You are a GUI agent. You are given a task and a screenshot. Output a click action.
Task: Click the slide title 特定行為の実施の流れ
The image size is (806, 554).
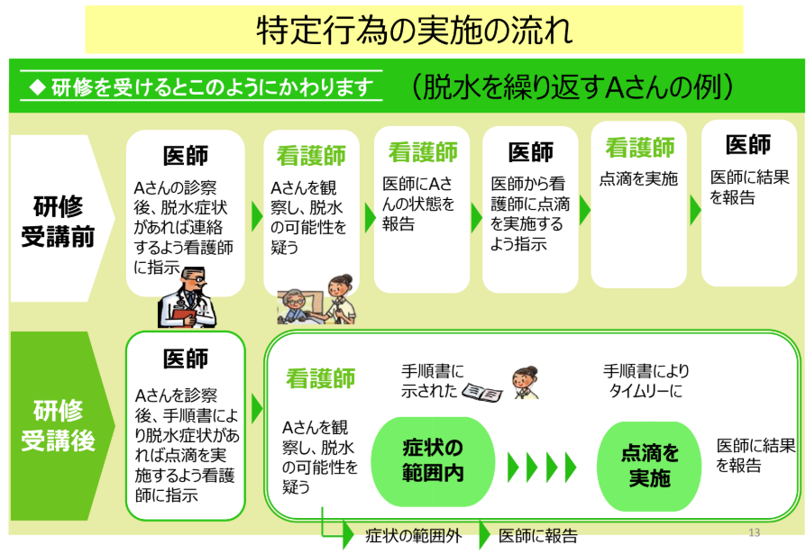coord(414,30)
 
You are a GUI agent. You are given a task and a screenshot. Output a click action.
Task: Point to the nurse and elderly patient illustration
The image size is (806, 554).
coord(316,298)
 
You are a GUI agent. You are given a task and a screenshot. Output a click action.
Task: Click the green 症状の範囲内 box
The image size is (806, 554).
coord(433,460)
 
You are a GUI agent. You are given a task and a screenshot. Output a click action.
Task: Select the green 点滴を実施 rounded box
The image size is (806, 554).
coord(649,465)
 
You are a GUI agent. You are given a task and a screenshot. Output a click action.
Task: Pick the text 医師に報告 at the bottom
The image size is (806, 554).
coord(538,536)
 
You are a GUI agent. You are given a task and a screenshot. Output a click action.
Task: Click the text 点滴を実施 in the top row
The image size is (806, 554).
coord(638,178)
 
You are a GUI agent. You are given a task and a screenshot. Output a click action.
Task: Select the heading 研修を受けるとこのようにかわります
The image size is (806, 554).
coord(203,86)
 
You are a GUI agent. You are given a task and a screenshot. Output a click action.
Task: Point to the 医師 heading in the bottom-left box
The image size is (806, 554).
coord(186,359)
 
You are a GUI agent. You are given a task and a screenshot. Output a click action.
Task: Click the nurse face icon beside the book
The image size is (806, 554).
coord(522,382)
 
